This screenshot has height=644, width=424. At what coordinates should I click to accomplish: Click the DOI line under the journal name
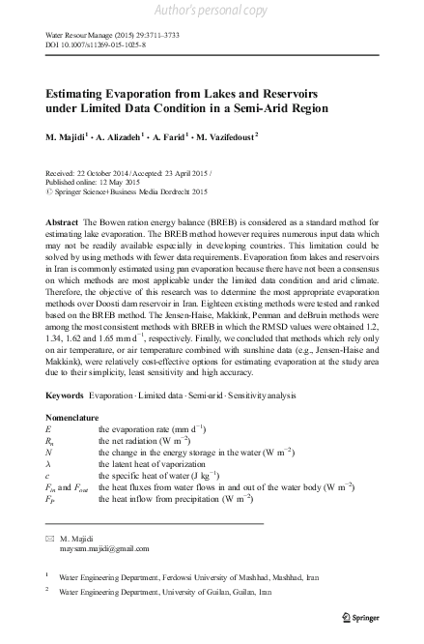pos(89,44)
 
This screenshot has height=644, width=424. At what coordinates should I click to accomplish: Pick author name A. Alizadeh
pos(121,137)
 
